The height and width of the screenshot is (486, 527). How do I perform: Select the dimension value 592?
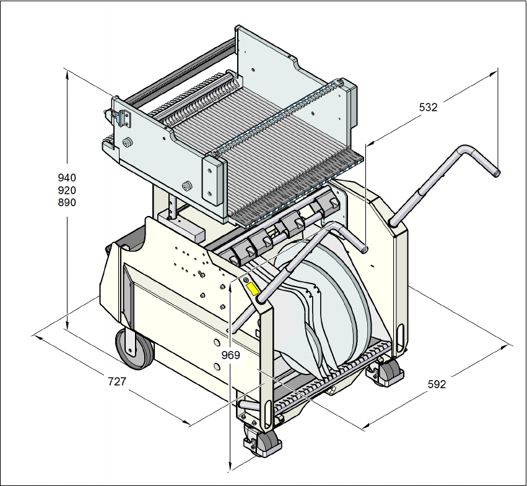pyautogui.click(x=437, y=384)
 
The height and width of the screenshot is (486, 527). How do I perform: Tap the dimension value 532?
pyautogui.click(x=428, y=107)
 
